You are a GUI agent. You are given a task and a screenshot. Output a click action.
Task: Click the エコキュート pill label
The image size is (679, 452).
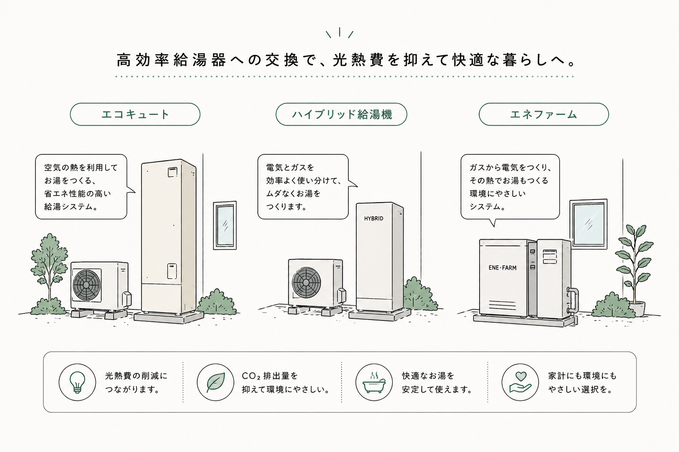point(135,114)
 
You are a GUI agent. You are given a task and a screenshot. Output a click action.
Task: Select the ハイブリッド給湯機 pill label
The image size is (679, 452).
point(341,114)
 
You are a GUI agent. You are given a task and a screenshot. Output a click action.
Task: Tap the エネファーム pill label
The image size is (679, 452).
point(544,114)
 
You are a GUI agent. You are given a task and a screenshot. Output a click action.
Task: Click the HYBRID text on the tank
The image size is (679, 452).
point(374,218)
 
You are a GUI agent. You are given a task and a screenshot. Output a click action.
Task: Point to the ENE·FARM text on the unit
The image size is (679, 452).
point(503,267)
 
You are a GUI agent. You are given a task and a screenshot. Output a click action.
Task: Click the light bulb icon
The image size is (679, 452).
point(77,382)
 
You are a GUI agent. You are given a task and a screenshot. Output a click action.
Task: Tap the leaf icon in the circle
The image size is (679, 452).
point(216,382)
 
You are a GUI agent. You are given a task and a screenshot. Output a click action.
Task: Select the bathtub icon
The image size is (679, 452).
point(374,383)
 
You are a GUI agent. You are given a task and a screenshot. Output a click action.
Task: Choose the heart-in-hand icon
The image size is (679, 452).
point(520,382)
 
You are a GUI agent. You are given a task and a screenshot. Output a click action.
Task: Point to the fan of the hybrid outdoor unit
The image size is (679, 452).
point(306,282)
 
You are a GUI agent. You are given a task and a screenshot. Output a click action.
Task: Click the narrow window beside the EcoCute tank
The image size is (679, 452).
point(225,225)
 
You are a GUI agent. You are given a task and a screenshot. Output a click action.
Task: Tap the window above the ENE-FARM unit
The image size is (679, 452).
point(589,224)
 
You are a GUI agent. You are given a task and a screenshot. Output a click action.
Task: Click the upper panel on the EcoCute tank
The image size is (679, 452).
point(172,172)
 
